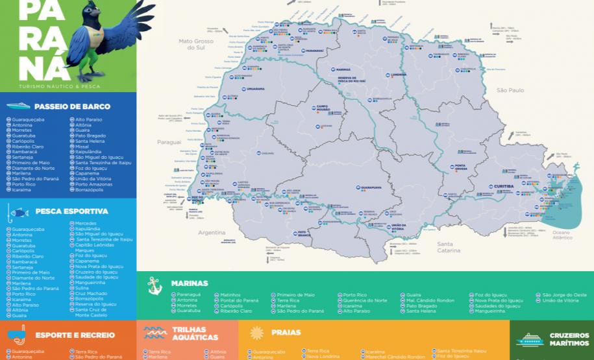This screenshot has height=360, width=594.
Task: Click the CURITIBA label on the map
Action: tap(504, 186)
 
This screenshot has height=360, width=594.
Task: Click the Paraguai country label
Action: tap(168, 141)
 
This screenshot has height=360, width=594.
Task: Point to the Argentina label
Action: tap(211, 232)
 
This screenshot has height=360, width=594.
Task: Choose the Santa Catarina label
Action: tap(448, 247)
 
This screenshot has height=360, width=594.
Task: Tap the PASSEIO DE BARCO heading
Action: tap(72, 106)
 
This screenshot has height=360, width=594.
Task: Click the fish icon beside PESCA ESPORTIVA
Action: tap(19, 211)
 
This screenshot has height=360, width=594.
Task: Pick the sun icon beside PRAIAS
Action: tap(256, 333)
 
